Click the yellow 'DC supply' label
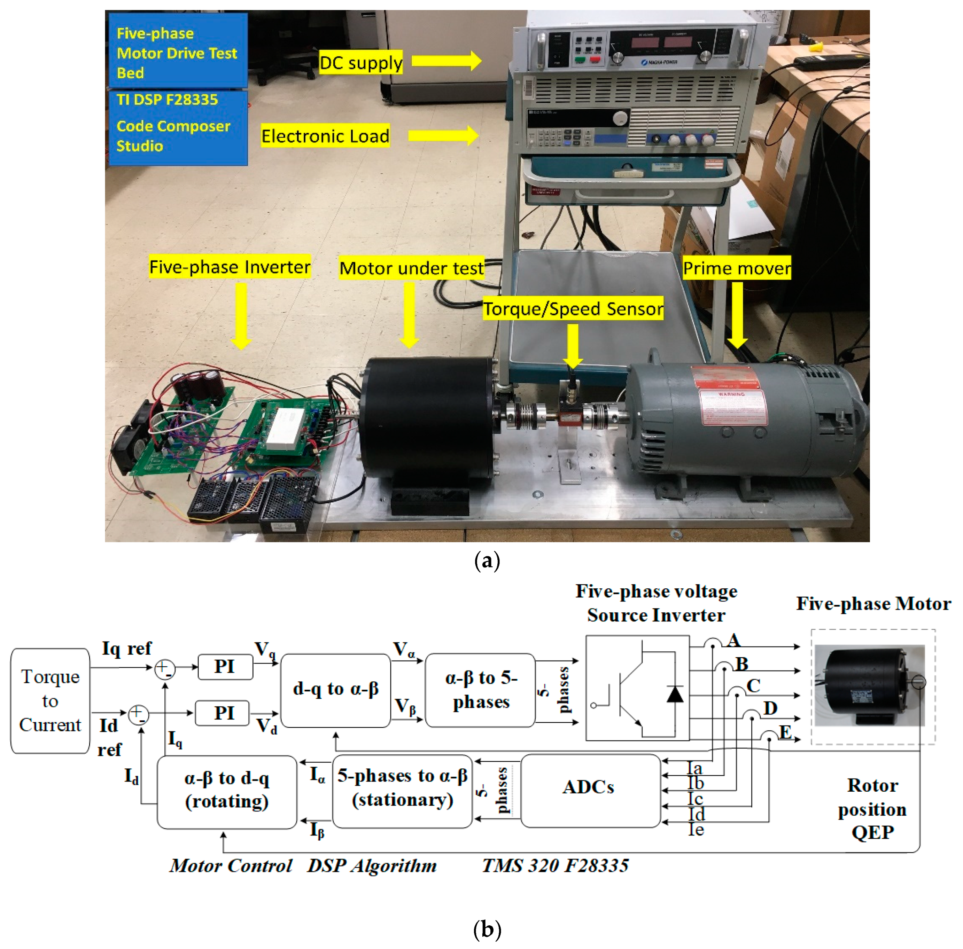360,63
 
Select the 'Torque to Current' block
50,700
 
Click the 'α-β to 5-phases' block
480,690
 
